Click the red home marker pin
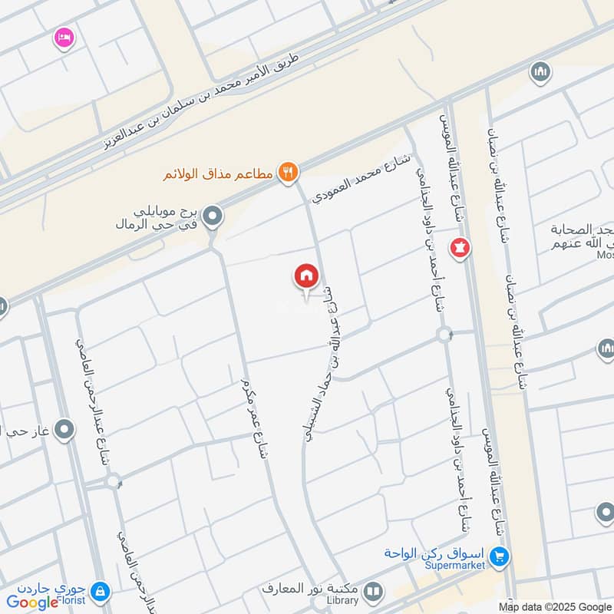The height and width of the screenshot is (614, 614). point(306,276)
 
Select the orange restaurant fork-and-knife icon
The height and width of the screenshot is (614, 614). point(288,173)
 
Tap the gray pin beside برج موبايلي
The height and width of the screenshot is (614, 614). point(214,217)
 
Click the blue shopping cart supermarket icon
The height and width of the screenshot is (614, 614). point(501,555)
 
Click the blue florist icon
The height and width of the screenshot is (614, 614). point(98,592)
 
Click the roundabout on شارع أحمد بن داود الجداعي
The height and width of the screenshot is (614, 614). point(443,335)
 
